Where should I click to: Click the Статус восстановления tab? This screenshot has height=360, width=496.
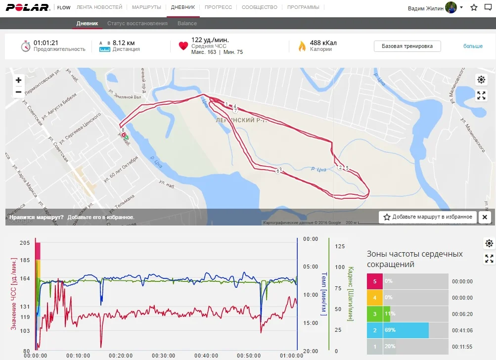point(137,23)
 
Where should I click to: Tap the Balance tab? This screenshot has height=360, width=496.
point(187,23)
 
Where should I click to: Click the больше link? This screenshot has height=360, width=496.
point(473,46)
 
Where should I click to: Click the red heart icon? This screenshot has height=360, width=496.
point(183,46)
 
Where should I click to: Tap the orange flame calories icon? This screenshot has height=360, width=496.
point(302,46)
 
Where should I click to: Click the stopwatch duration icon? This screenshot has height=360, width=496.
point(26,46)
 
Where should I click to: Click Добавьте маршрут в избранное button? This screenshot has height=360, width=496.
point(428,217)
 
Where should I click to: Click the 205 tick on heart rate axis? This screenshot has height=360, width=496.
point(25,243)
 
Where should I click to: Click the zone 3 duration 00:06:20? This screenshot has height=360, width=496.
point(462,314)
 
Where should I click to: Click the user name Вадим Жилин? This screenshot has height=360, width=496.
point(425,8)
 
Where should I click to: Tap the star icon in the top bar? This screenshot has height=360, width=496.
point(474,8)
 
